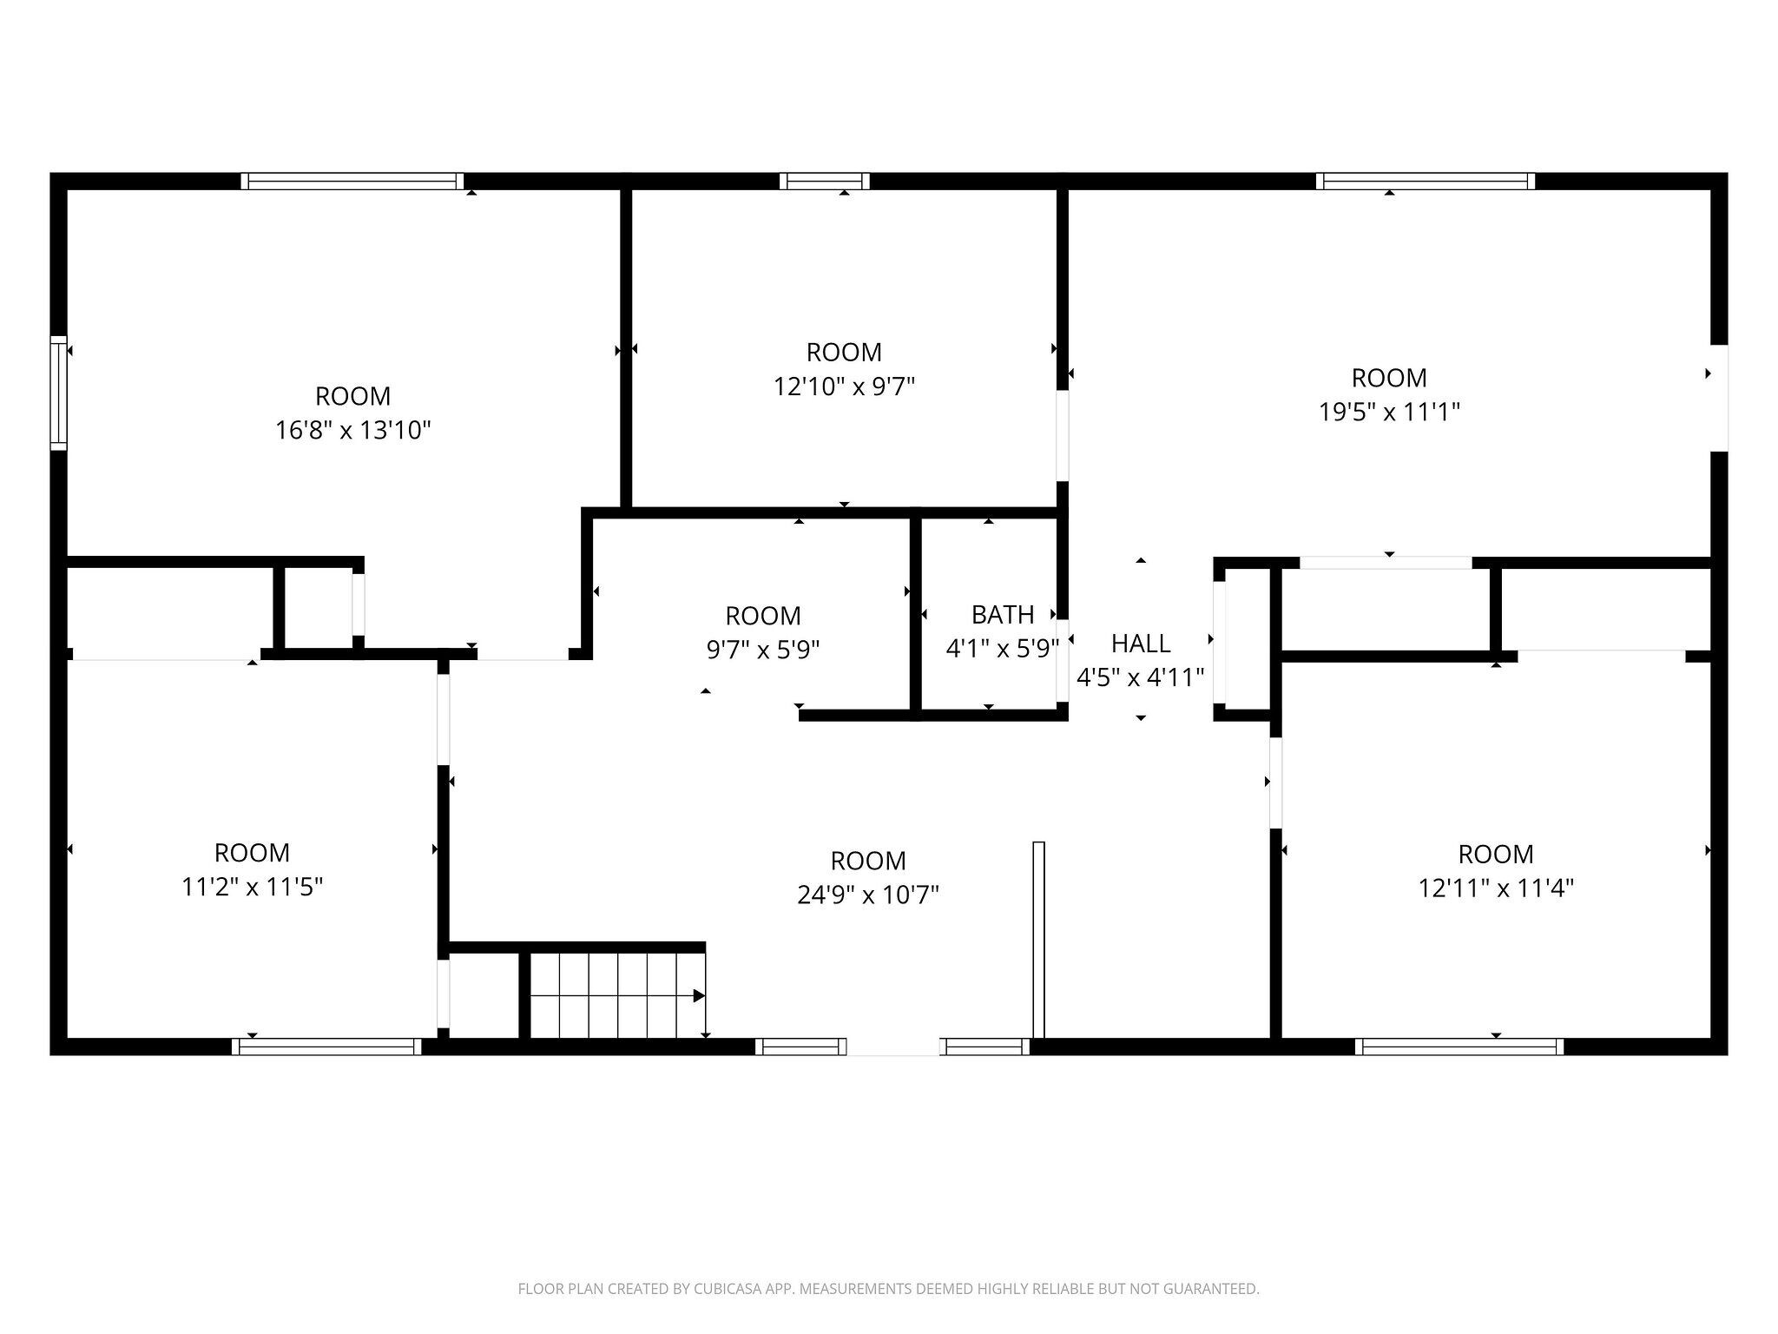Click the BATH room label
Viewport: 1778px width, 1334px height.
(x=1003, y=615)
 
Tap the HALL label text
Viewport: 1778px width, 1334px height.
(x=1141, y=644)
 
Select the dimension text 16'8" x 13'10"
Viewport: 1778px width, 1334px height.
(x=353, y=430)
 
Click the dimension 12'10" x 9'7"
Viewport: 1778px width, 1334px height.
(x=845, y=386)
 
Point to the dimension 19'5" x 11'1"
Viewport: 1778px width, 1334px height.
(x=1389, y=412)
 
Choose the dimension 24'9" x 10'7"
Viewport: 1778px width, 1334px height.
(x=868, y=895)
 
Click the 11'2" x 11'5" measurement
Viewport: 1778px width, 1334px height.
(x=253, y=887)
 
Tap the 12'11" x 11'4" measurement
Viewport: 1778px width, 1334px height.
(x=1496, y=888)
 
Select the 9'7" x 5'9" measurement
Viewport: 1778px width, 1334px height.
(x=763, y=650)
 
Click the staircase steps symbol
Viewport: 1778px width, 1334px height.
(x=617, y=995)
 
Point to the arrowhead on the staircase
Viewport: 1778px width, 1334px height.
(x=699, y=996)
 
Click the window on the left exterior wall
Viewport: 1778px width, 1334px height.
(x=59, y=393)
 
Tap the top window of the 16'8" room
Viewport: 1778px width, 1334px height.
(x=352, y=181)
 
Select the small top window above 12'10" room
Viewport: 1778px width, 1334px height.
(x=825, y=181)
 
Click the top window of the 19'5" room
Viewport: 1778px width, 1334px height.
(x=1426, y=181)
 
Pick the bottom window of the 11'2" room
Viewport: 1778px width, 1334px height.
(x=327, y=1047)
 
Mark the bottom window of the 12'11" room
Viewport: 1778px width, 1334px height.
(x=1460, y=1047)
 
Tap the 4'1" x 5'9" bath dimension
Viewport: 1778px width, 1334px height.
(x=1003, y=649)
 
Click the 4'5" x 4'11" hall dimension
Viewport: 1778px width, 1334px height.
(x=1141, y=677)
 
